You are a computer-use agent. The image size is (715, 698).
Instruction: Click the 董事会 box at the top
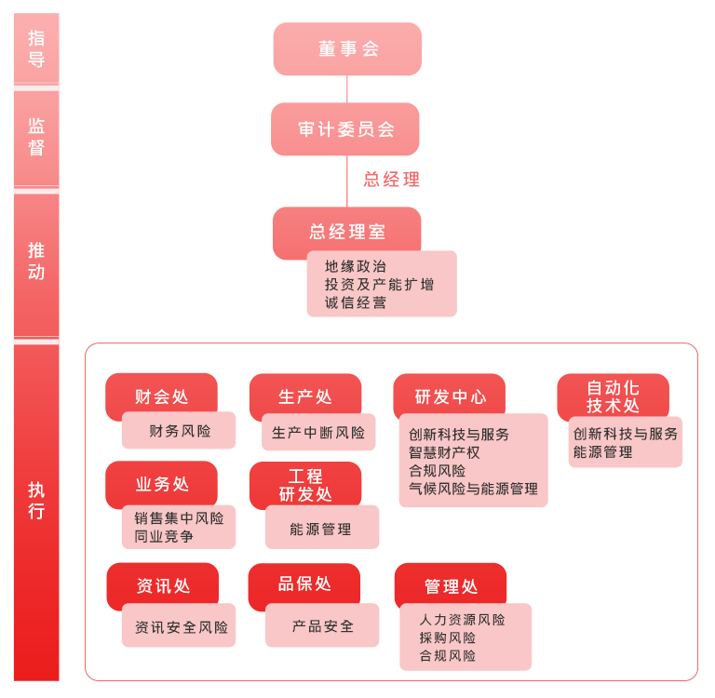point(347,48)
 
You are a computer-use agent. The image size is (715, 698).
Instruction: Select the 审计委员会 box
point(345,129)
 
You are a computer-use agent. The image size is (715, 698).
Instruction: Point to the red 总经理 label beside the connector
point(391,180)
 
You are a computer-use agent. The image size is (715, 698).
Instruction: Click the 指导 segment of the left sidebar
point(36,48)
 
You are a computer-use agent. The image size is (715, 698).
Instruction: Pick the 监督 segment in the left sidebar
point(36,138)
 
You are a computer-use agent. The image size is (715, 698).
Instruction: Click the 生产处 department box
point(305,395)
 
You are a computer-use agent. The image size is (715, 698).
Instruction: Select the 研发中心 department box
point(450,395)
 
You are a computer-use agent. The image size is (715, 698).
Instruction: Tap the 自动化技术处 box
point(613,396)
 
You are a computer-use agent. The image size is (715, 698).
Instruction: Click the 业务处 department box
point(161,483)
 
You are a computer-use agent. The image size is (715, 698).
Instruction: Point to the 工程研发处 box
point(305,484)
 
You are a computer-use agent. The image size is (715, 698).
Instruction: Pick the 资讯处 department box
point(163,584)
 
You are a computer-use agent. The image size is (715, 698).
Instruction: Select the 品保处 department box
point(304,584)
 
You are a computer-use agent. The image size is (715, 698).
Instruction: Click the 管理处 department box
point(451,585)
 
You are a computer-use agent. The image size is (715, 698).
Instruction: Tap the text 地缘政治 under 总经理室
point(356,266)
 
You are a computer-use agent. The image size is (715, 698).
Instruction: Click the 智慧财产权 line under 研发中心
point(444,452)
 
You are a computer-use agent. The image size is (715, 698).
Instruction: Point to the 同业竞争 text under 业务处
point(164,536)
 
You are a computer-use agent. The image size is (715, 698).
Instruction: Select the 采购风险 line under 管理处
point(447,638)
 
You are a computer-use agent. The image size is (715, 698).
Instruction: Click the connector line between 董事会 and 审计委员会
point(347,89)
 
